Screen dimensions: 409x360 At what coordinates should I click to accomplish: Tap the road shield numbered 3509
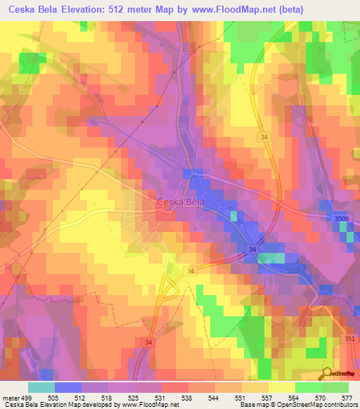tap(341, 220)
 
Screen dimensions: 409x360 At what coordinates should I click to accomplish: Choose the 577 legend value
tap(347, 396)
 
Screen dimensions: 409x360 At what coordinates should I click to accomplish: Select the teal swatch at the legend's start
tap(41, 387)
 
